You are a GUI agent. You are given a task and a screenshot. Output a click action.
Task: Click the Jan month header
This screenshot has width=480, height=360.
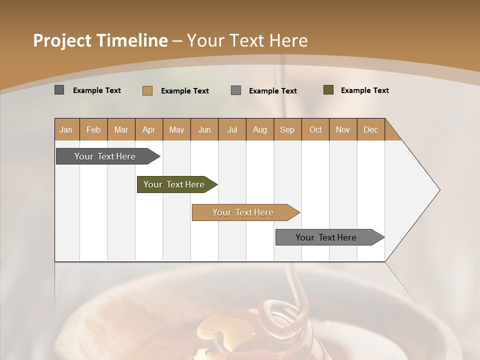point(66,130)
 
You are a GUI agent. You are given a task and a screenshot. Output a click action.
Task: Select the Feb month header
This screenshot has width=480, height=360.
point(93,130)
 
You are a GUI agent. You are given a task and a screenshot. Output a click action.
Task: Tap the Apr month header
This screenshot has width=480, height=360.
point(148,130)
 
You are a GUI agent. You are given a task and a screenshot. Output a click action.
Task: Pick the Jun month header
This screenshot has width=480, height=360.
point(204,130)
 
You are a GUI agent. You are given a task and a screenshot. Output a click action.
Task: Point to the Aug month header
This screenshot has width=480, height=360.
point(259,130)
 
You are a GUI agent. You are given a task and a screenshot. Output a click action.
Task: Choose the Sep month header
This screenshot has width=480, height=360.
point(287,130)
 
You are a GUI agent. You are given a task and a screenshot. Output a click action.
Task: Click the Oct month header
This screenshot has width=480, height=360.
point(315,130)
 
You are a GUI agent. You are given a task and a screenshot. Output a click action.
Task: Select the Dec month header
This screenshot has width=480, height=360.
point(370,130)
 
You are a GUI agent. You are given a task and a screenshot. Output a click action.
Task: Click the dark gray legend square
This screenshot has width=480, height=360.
point(59,90)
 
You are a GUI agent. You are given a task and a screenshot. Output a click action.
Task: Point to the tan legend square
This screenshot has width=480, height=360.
point(147,90)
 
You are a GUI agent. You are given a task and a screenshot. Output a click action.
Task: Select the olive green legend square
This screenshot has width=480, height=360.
point(328,90)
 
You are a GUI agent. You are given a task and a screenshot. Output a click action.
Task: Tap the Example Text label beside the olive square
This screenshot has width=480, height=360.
point(364,90)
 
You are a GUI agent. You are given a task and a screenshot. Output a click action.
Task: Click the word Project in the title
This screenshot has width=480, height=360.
point(61,40)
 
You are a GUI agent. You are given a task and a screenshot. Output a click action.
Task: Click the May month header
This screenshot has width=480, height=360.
point(176,130)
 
